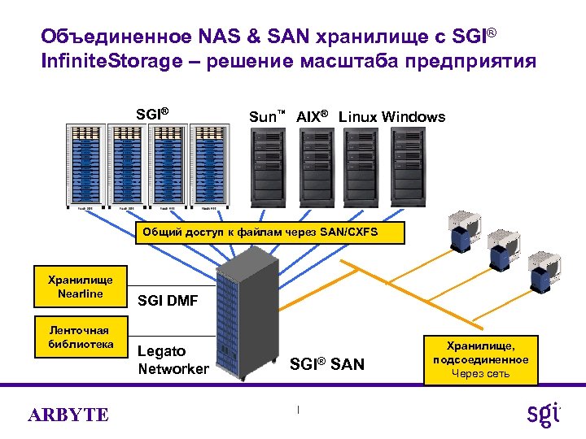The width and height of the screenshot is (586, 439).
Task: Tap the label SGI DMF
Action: [168, 302]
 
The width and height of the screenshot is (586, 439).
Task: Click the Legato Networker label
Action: [173, 360]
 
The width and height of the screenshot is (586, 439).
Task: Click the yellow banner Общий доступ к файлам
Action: [260, 233]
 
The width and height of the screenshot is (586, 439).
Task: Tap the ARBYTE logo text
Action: [68, 415]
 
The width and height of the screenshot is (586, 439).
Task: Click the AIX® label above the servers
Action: [312, 117]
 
